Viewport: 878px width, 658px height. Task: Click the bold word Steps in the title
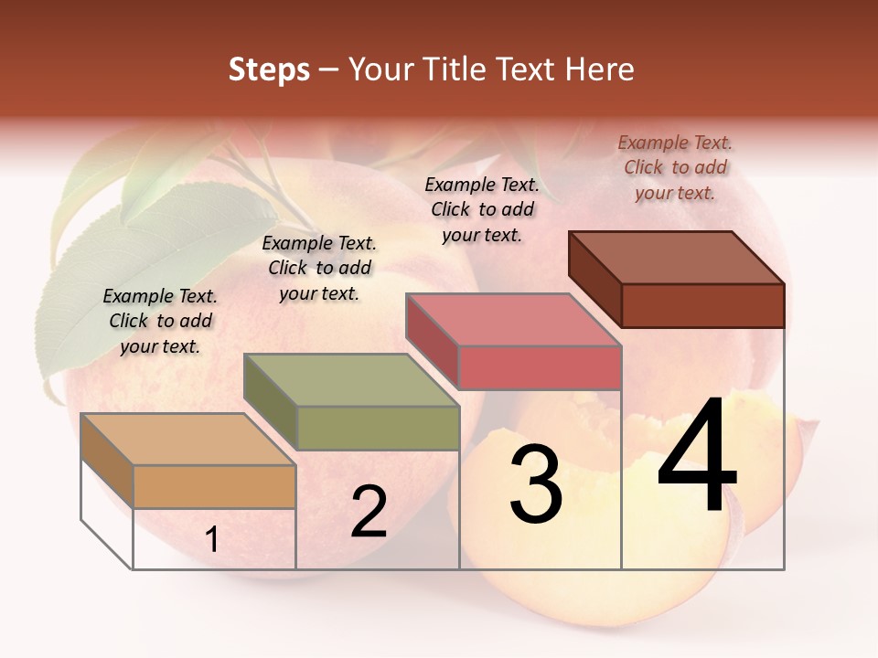click(x=269, y=69)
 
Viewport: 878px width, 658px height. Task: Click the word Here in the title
click(x=600, y=69)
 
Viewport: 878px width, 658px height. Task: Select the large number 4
click(x=697, y=457)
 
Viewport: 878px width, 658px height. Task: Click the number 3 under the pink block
click(x=535, y=484)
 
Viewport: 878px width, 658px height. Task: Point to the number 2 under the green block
click(x=369, y=512)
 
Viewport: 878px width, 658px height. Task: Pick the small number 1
click(x=211, y=540)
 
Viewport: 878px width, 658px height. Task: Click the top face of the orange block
click(x=187, y=440)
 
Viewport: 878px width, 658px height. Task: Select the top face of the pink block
click(x=513, y=320)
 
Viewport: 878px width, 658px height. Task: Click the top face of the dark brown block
click(x=676, y=258)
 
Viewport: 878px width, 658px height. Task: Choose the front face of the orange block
click(x=214, y=487)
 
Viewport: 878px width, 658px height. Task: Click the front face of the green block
click(x=378, y=428)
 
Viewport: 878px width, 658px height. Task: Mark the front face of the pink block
click(x=540, y=368)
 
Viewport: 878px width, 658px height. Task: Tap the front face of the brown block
click(x=702, y=305)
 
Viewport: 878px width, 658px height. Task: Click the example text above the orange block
click(x=160, y=321)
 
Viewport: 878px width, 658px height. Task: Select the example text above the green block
click(x=319, y=268)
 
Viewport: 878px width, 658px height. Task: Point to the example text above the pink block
click(x=482, y=209)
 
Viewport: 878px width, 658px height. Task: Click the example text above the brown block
click(x=675, y=167)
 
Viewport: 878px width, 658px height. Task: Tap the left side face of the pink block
click(x=432, y=341)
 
